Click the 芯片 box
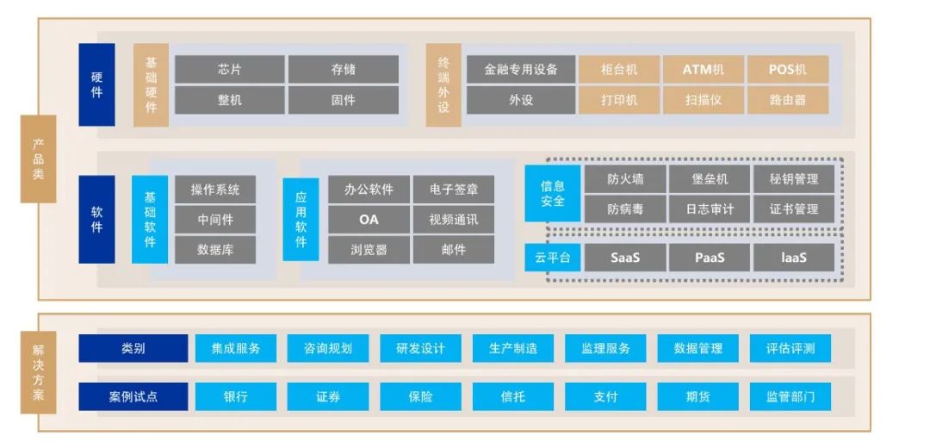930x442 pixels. [x=229, y=70]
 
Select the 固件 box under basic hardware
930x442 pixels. [x=343, y=100]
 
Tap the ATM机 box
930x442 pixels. [x=704, y=70]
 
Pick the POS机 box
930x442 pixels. [x=788, y=70]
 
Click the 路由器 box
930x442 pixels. [x=788, y=100]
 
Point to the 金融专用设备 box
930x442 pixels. [x=521, y=70]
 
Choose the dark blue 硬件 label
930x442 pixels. [x=96, y=85]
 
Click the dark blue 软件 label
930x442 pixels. [x=96, y=220]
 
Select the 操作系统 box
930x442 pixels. [x=215, y=190]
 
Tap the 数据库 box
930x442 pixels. [x=215, y=250]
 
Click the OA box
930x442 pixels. [x=369, y=220]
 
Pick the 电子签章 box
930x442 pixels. [x=454, y=190]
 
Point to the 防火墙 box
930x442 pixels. [x=625, y=179]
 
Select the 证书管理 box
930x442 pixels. [x=794, y=209]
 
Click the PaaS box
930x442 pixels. [x=710, y=257]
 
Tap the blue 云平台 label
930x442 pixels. [x=553, y=257]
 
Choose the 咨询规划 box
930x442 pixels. [x=328, y=349]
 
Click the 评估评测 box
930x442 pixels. [x=790, y=349]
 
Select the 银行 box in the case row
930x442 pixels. [x=235, y=397]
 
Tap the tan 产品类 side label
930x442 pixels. [x=38, y=159]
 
